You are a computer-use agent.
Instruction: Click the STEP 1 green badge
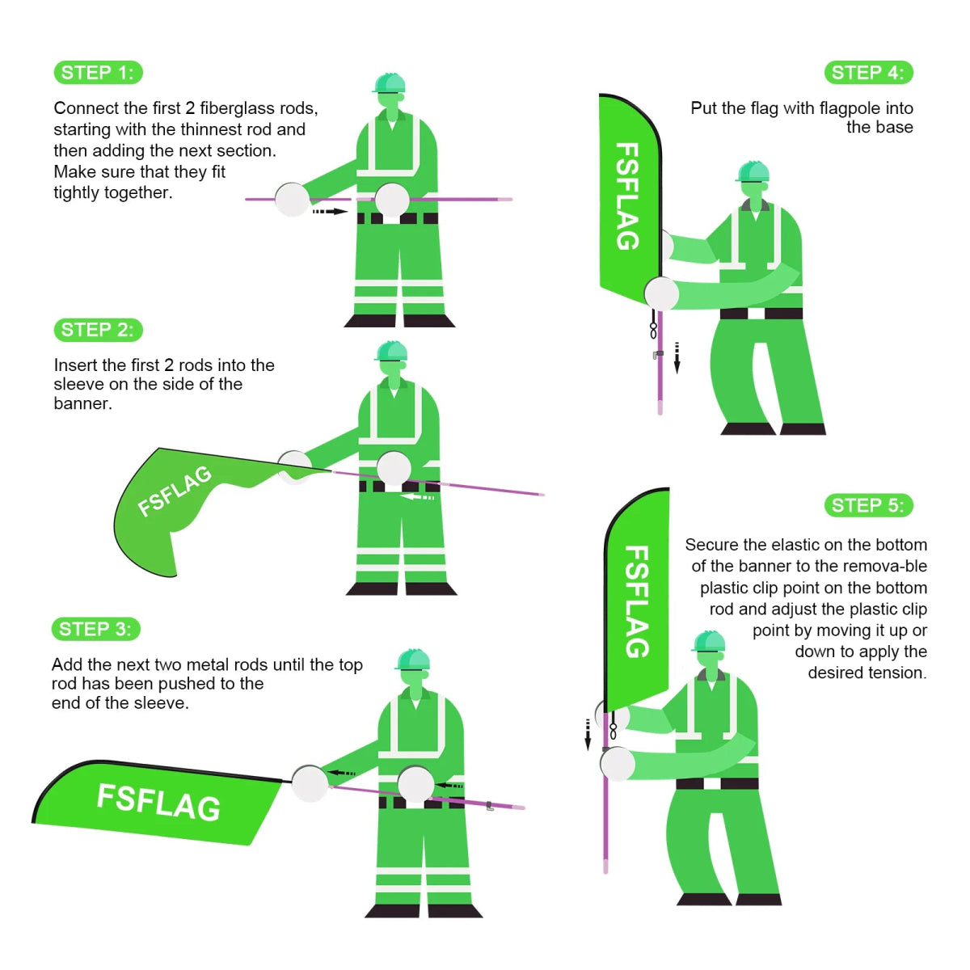tap(98, 73)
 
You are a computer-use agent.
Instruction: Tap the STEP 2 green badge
tap(98, 330)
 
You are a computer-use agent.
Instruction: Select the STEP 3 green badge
tap(95, 629)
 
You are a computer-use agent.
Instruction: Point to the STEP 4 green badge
tap(868, 73)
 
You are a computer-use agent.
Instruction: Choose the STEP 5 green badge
tap(868, 506)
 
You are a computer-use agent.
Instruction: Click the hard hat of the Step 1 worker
tap(390, 83)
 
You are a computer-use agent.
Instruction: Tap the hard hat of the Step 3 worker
tap(413, 659)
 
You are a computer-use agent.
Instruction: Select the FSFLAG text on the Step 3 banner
tap(158, 802)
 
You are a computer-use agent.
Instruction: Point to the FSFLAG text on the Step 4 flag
tap(627, 196)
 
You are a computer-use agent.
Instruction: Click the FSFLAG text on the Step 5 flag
tap(637, 601)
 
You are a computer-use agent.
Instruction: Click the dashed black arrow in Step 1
tap(329, 212)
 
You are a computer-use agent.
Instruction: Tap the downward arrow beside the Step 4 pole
tap(677, 357)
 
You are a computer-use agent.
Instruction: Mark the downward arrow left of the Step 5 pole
tap(588, 734)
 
